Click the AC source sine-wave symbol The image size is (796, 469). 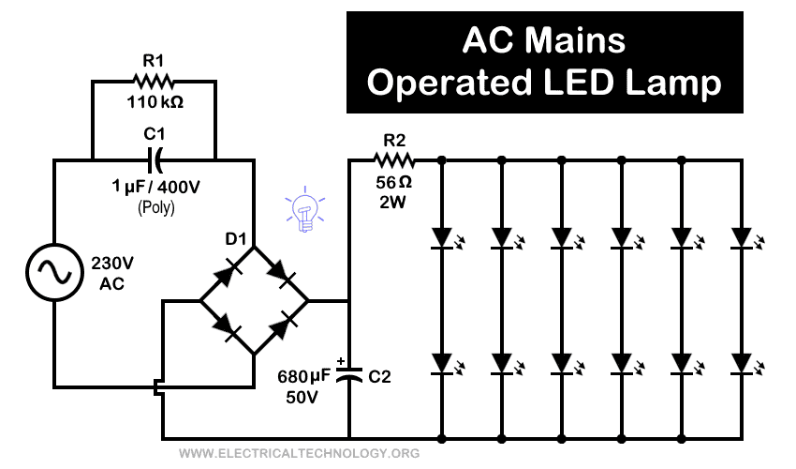click(52, 273)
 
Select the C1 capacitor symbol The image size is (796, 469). click(155, 159)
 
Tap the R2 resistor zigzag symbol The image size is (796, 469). click(394, 160)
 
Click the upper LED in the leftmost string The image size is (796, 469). click(441, 235)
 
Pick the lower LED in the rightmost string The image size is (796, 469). click(741, 363)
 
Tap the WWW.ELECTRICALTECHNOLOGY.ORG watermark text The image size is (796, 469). click(298, 454)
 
